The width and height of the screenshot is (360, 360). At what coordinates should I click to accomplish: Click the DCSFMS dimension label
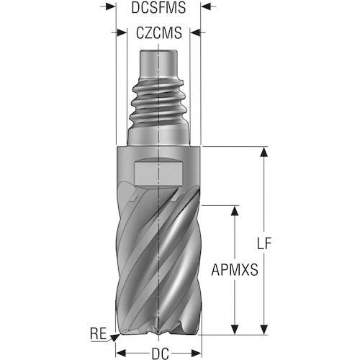click(x=158, y=8)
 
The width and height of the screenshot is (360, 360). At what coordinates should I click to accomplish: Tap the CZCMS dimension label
click(x=159, y=33)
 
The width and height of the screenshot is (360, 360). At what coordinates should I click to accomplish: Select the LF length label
click(x=264, y=243)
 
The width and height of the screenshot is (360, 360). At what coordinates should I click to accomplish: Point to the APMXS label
click(x=235, y=269)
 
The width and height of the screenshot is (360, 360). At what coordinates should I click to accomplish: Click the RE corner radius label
click(x=98, y=333)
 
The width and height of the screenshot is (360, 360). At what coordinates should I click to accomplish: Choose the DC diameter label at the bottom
click(x=161, y=354)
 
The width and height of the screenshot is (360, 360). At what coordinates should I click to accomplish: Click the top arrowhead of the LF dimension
click(x=264, y=152)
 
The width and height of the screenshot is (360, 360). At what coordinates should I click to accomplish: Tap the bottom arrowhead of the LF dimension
click(x=264, y=329)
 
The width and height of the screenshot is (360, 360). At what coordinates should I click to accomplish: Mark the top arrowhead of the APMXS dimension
click(x=235, y=210)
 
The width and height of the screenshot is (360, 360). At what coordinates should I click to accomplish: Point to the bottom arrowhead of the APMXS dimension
click(x=235, y=329)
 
